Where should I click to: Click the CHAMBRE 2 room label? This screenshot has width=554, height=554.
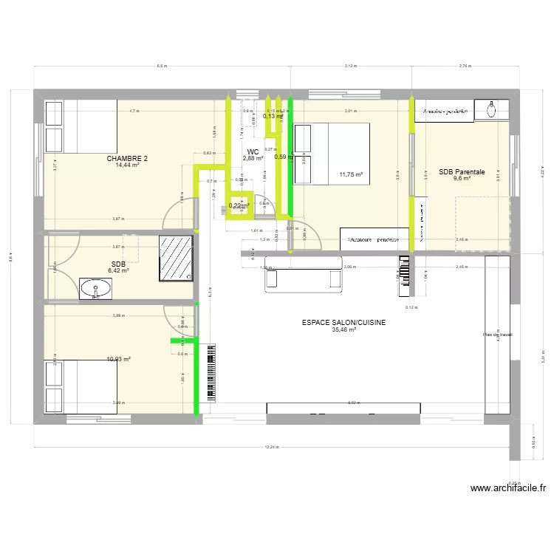127,158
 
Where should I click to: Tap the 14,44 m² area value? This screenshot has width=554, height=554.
127,165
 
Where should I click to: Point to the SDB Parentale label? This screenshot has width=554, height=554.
462,172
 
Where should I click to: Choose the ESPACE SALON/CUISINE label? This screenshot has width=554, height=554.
344,323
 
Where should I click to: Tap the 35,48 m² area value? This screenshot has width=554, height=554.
344,330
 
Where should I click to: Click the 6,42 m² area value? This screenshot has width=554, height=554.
118,270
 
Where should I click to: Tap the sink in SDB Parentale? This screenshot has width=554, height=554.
493,111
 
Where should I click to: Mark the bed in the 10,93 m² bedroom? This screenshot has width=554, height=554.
81,386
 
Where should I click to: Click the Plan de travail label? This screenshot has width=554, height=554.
497,335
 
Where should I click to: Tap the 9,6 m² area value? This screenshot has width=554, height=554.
462,179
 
